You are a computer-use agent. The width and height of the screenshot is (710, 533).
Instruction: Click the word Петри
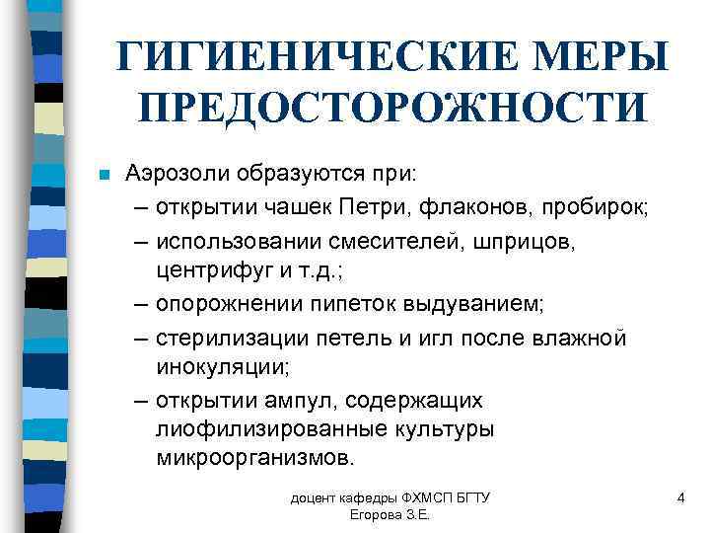point(376,208)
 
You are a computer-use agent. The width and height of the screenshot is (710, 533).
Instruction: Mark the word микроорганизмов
point(252,460)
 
